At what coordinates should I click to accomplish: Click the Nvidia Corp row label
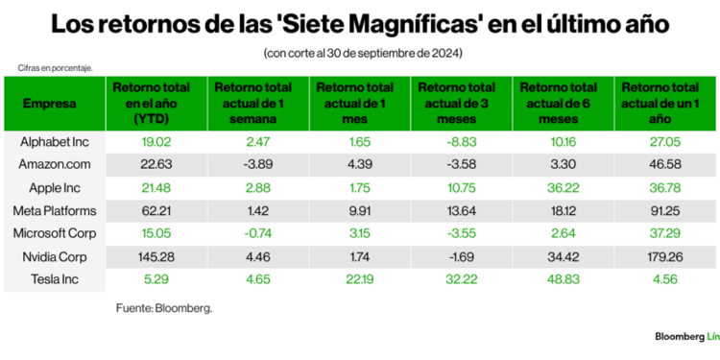tap(54, 256)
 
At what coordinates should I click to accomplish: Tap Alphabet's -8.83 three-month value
tap(449, 141)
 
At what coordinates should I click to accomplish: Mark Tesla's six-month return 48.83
tap(557, 279)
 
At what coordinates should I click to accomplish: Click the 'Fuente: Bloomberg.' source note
tap(164, 308)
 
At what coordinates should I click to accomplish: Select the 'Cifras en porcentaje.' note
tap(54, 68)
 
